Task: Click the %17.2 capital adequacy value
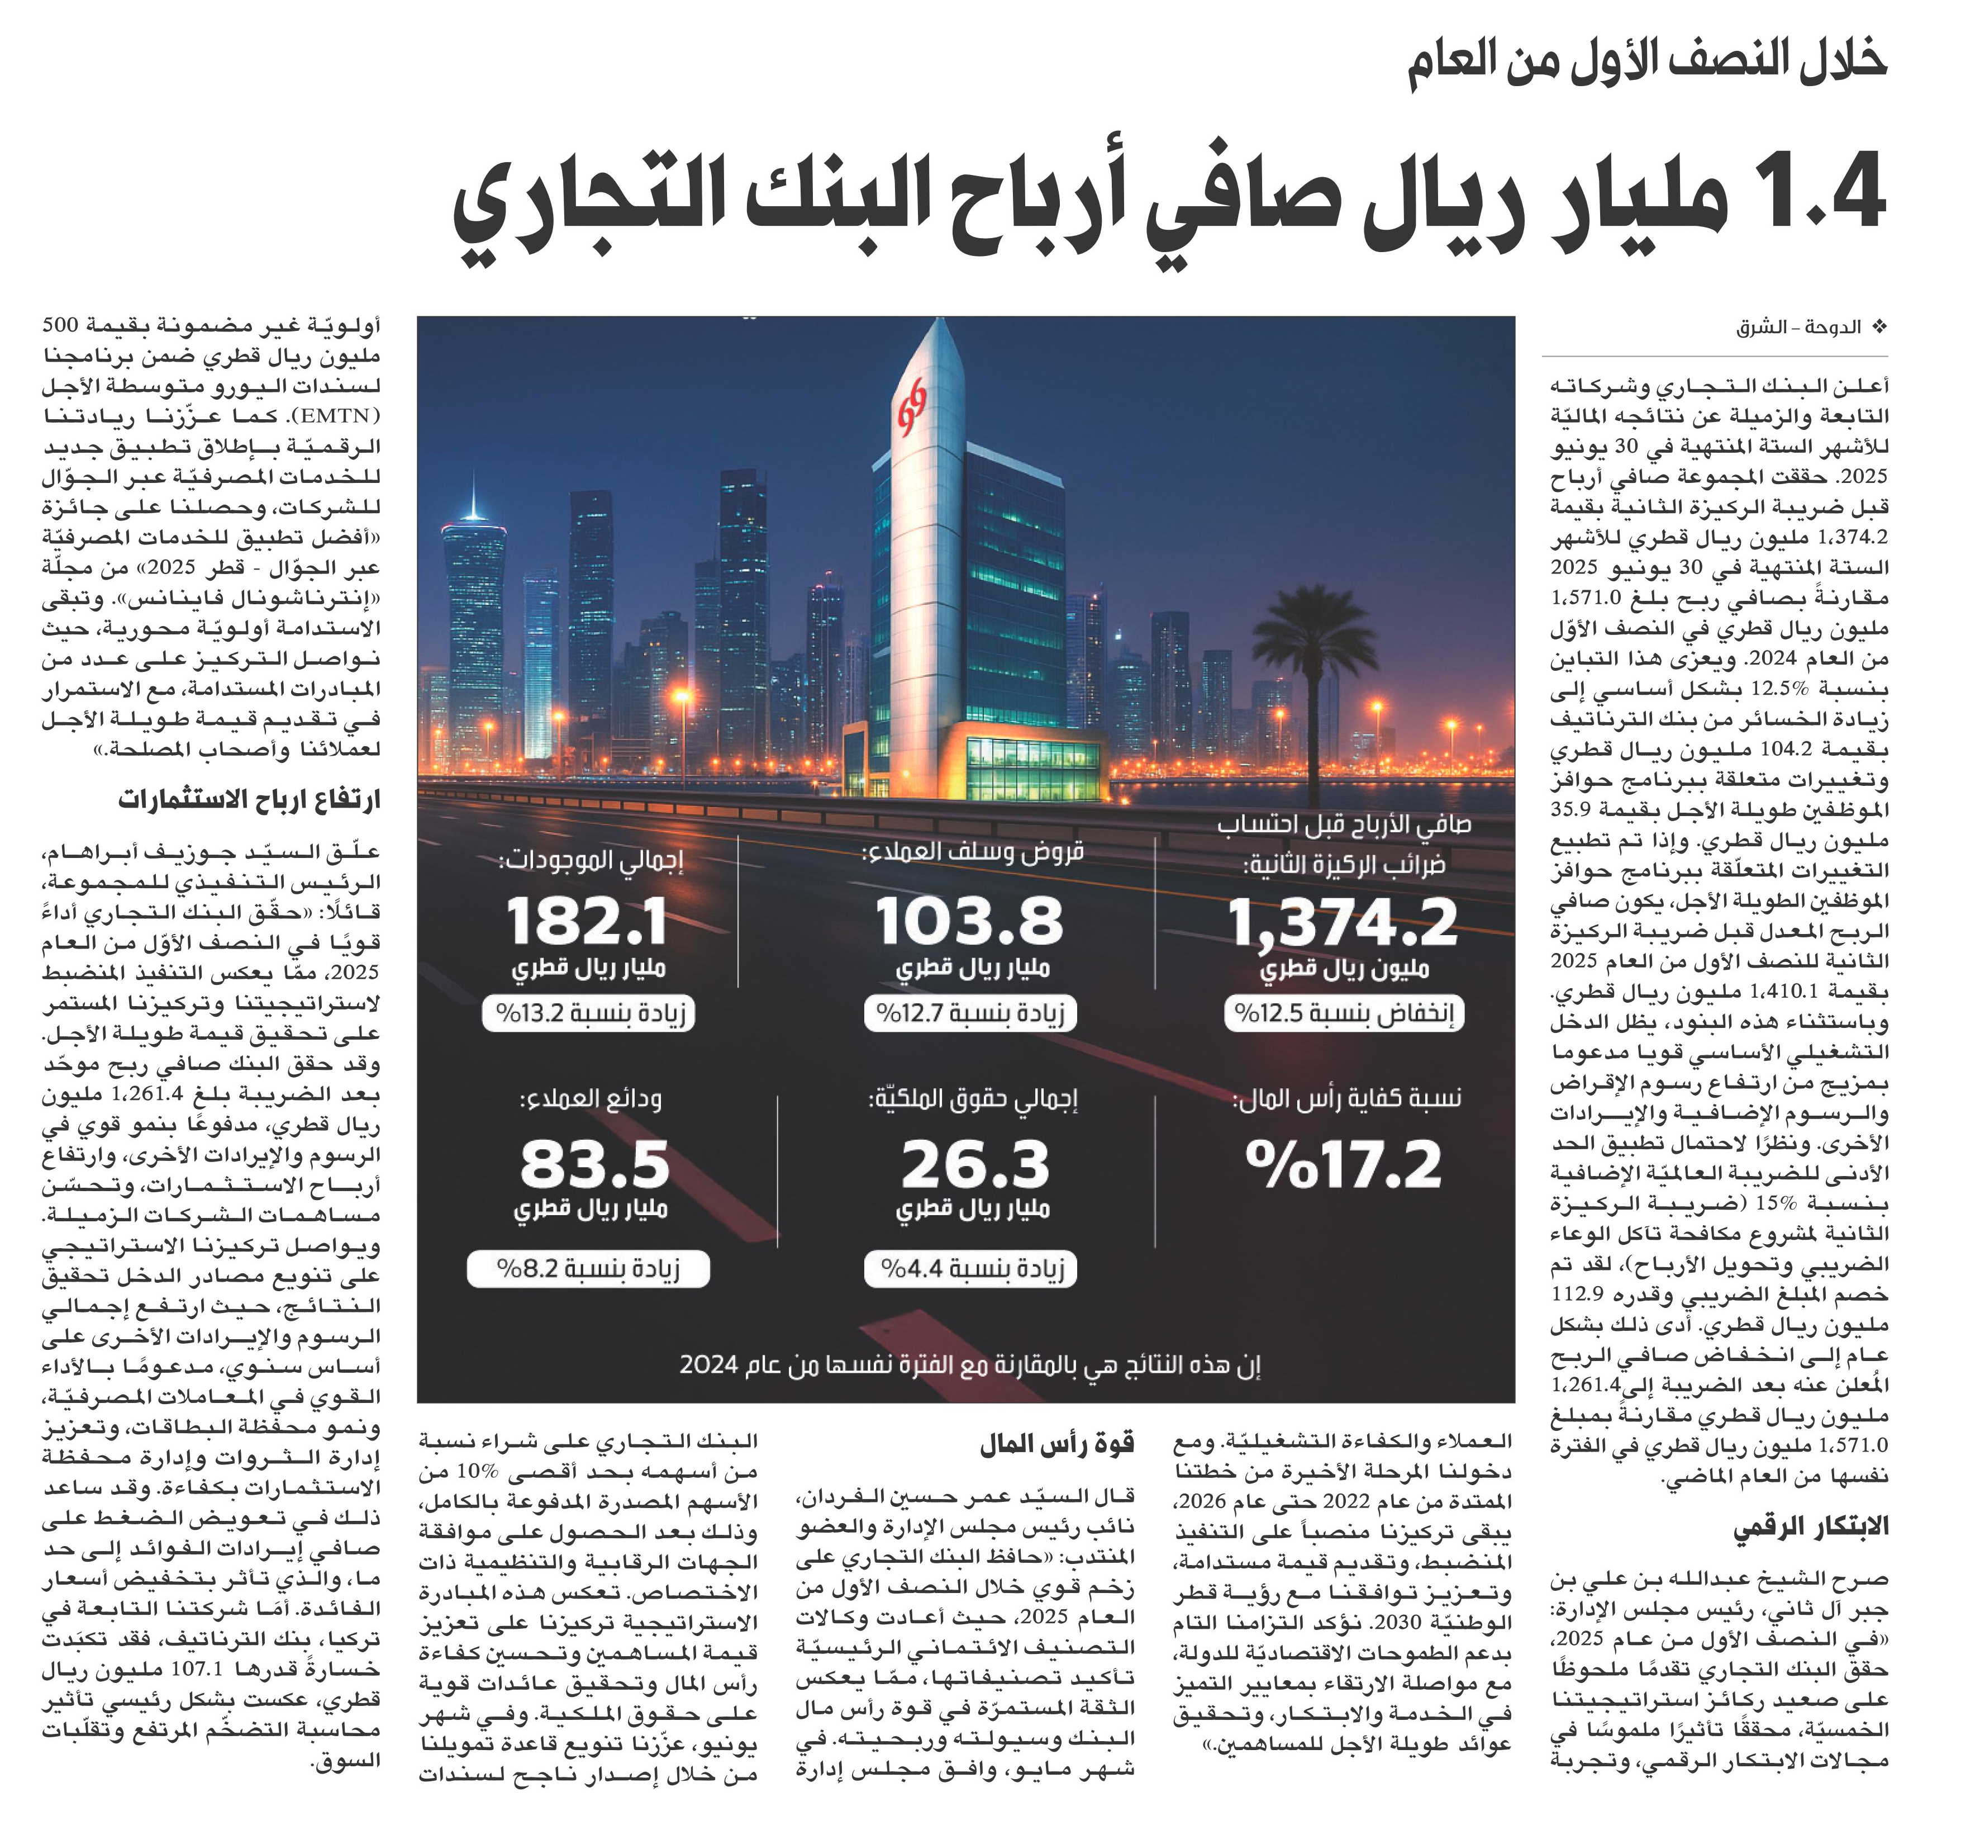pos(1344,1165)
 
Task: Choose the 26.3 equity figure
pos(974,1165)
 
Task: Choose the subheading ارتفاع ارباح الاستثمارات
pos(250,800)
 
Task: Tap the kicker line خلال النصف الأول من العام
pos(1648,61)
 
